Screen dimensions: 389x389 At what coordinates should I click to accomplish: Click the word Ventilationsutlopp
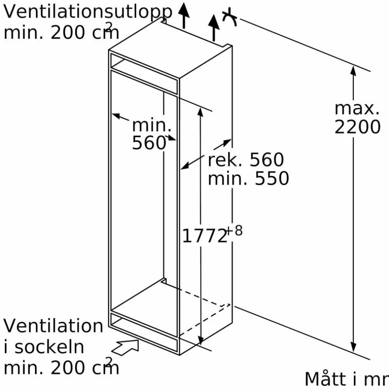pyautogui.click(x=88, y=12)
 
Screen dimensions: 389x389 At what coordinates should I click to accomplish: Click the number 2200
pyautogui.click(x=357, y=127)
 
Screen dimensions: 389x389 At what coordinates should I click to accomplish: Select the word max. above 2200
pyautogui.click(x=357, y=109)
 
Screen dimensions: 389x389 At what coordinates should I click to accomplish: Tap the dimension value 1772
pyautogui.click(x=204, y=236)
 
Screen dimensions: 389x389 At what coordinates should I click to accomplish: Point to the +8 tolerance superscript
pyautogui.click(x=234, y=230)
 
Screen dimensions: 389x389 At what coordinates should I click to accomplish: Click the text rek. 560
pyautogui.click(x=245, y=160)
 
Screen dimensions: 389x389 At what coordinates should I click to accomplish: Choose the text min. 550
pyautogui.click(x=248, y=178)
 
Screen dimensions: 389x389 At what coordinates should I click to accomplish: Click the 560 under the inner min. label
pyautogui.click(x=149, y=143)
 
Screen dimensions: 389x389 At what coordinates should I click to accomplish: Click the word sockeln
pyautogui.click(x=49, y=347)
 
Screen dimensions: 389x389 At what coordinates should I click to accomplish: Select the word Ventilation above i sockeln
pyautogui.click(x=53, y=325)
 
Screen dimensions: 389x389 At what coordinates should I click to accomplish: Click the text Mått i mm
pyautogui.click(x=347, y=379)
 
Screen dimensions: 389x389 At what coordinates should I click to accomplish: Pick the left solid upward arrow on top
pyautogui.click(x=184, y=15)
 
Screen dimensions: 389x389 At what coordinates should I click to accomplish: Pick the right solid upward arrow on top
pyautogui.click(x=213, y=28)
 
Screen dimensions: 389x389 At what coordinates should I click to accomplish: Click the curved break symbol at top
pyautogui.click(x=229, y=17)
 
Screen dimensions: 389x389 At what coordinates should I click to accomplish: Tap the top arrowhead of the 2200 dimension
pyautogui.click(x=353, y=70)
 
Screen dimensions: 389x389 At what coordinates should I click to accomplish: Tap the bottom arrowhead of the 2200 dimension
pyautogui.click(x=353, y=347)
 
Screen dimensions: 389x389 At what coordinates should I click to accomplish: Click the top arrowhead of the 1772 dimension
pyautogui.click(x=200, y=112)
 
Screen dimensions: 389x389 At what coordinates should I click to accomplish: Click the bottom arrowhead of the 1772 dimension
pyautogui.click(x=200, y=340)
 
